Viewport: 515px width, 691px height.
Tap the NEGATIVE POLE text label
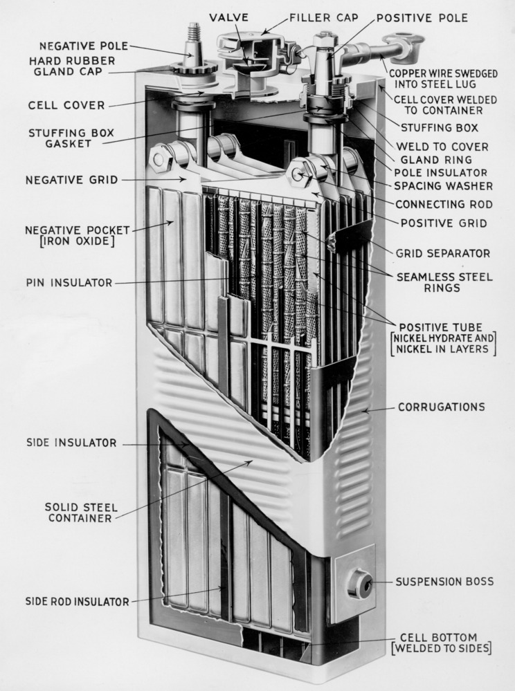pyautogui.click(x=83, y=46)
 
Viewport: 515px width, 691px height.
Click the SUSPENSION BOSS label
pyautogui.click(x=444, y=581)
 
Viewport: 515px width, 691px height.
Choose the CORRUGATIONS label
pyautogui.click(x=441, y=407)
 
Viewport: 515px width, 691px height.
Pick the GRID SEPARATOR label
pyautogui.click(x=442, y=253)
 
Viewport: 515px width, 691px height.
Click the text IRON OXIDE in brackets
pyautogui.click(x=69, y=241)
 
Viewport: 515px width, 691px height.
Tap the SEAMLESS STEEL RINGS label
pyautogui.click(x=444, y=282)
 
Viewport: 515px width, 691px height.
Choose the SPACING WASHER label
pyautogui.click(x=443, y=186)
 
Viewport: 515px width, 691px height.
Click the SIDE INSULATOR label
pyautogui.click(x=71, y=443)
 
